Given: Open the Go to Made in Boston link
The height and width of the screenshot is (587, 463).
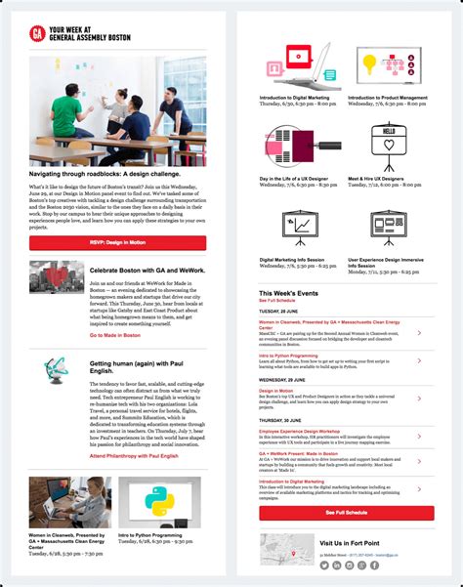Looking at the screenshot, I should coord(115,335).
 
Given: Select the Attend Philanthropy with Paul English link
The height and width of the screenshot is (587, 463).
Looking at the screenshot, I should coord(135,457).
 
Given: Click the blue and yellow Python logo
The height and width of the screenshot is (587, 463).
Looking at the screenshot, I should coord(159,501).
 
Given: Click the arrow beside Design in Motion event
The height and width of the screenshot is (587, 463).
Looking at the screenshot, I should coord(419,396).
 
